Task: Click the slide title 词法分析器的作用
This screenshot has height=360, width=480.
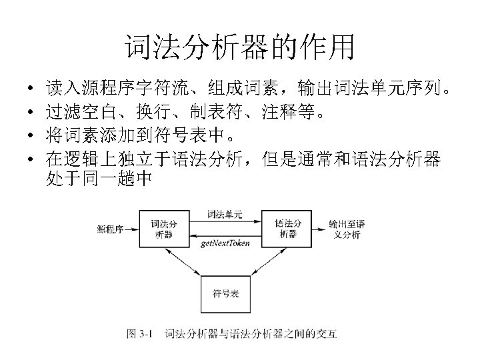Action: tap(239, 47)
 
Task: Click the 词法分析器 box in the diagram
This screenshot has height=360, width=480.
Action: tap(163, 229)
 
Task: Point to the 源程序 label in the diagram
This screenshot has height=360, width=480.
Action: tap(110, 229)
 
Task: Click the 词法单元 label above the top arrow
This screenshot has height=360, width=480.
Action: tap(225, 215)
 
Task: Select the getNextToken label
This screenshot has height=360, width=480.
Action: tap(225, 243)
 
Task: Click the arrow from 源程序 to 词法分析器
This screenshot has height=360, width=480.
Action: tap(132, 229)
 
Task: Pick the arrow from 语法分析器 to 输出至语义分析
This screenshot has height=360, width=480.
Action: tap(319, 229)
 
